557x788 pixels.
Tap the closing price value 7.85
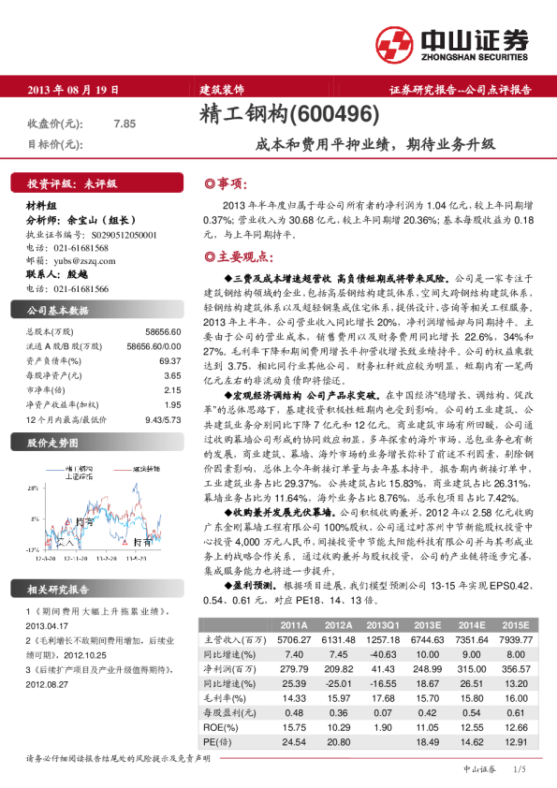(125, 124)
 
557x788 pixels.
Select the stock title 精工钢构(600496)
(289, 114)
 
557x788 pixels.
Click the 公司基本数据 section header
(58, 310)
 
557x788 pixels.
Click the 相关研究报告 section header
(58, 590)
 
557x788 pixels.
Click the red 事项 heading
(227, 183)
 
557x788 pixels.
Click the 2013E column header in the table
(428, 625)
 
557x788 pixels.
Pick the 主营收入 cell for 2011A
(292, 638)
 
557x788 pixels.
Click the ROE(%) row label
(219, 728)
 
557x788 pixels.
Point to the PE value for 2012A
(337, 741)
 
